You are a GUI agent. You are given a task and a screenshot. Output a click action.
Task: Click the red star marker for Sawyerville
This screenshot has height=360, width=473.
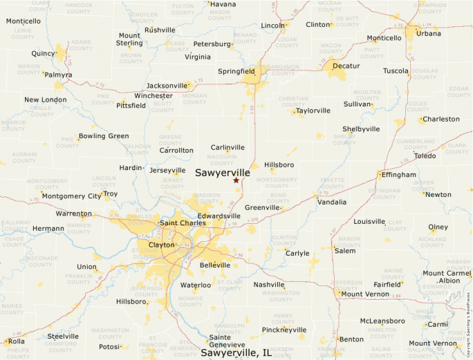[236, 180]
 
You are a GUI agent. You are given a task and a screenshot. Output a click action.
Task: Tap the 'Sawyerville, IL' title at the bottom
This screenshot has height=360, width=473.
[236, 353]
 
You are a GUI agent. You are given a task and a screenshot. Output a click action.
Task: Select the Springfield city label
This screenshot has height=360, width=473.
[236, 71]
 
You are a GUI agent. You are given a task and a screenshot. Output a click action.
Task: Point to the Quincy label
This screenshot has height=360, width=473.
[44, 53]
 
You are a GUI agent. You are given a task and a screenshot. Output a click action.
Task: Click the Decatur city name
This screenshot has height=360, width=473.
[346, 66]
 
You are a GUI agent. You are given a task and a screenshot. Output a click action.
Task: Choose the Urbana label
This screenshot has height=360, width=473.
[429, 33]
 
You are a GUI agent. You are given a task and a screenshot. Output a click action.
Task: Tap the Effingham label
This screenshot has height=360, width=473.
[400, 175]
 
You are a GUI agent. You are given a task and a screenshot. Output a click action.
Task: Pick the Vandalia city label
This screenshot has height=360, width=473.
[332, 202]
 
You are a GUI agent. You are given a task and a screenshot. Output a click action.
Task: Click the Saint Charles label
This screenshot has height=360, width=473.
[183, 223]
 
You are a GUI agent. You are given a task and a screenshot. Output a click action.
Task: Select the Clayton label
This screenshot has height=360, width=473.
[161, 245]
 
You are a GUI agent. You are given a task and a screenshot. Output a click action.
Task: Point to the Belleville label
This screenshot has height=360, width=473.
[214, 265]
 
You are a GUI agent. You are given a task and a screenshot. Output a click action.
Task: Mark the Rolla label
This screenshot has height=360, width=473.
[16, 341]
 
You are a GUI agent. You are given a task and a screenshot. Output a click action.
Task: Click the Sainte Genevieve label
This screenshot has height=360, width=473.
[227, 341]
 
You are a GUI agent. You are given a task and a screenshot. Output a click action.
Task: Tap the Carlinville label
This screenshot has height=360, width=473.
[228, 147]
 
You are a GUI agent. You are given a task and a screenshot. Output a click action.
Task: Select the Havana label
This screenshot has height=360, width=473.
[223, 4]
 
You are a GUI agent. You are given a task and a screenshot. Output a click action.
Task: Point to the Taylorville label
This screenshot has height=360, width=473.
[313, 111]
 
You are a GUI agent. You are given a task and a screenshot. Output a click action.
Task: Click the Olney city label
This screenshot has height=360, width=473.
[438, 227]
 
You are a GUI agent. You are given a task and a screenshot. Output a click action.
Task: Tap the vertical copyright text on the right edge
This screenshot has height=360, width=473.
[468, 325]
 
